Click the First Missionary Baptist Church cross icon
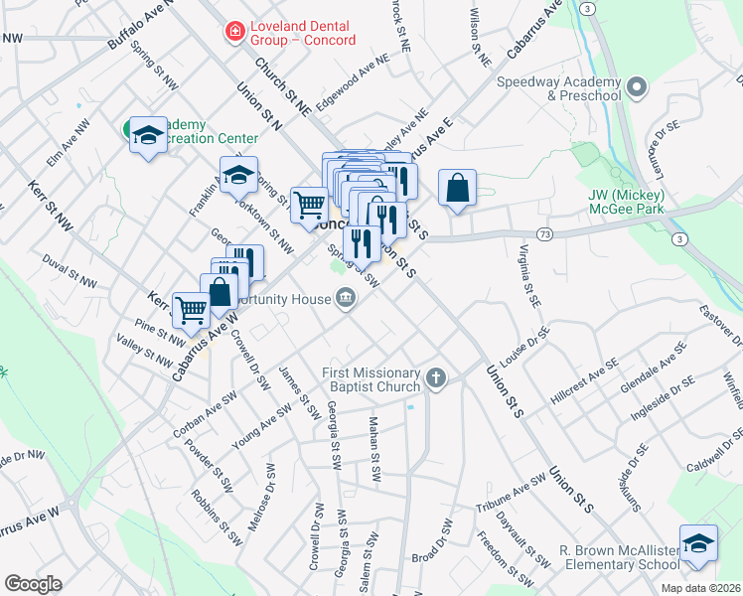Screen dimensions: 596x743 point(435,378)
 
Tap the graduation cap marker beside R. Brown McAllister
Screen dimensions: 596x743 point(698,543)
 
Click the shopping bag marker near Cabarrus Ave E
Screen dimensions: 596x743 point(457,188)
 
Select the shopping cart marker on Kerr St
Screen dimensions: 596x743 point(190,309)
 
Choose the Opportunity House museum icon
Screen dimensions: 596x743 point(345,299)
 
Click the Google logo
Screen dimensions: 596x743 point(33,584)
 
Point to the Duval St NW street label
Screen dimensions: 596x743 point(70,270)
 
